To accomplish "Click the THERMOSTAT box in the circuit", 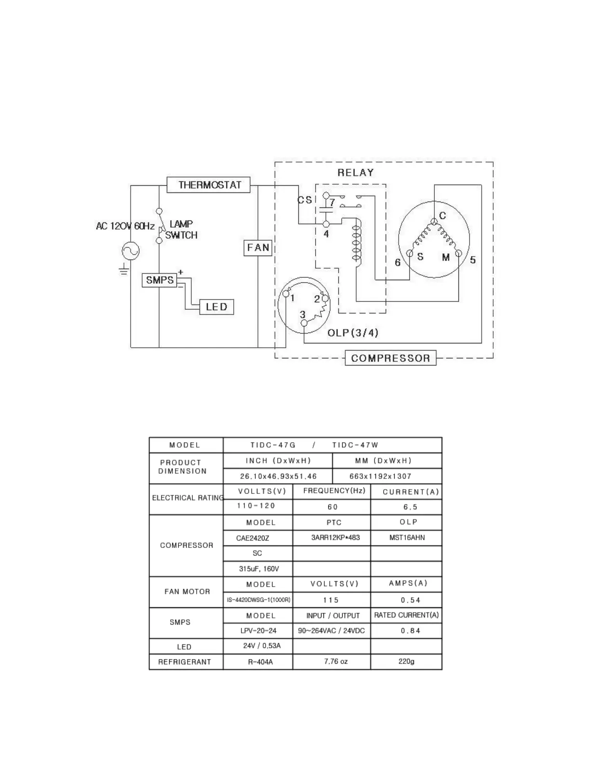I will click(208, 185).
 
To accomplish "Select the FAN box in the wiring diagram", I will click(258, 248).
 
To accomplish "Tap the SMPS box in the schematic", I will click(160, 280).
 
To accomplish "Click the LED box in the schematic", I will click(216, 307).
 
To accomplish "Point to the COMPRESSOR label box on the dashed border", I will click(390, 358).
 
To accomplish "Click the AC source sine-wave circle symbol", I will click(131, 251).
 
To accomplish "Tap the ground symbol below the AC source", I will click(124, 270).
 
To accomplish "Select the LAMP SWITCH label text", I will click(181, 230).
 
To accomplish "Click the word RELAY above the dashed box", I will click(355, 173).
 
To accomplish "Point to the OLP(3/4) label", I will click(352, 333).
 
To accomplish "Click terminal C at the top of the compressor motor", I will click(434, 221).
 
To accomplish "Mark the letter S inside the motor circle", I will click(420, 257).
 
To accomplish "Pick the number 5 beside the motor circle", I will click(473, 260).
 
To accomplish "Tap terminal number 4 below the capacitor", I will click(326, 234).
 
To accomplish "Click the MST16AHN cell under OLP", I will click(407, 538).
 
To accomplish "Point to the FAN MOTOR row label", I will click(187, 592).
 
